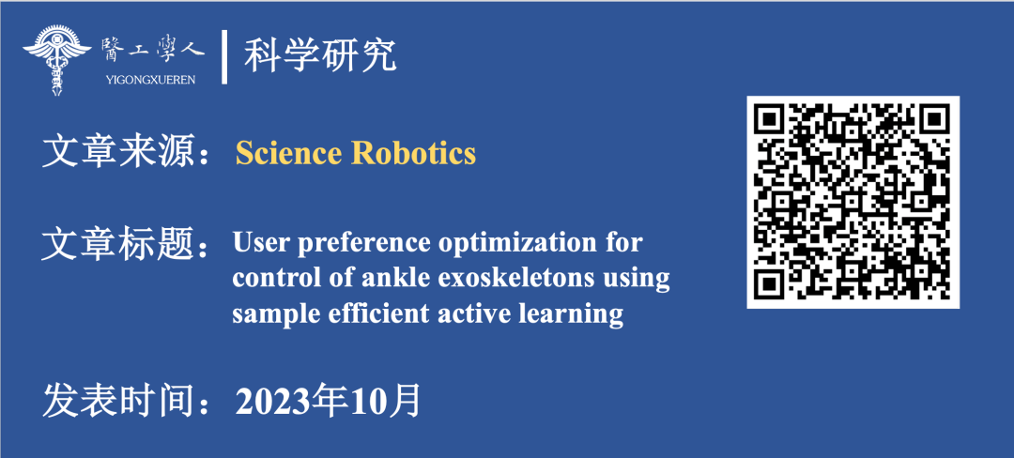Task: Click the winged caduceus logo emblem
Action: click(x=57, y=59)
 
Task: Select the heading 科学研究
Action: click(x=320, y=56)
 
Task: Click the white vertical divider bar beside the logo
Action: click(x=224, y=57)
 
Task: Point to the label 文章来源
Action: click(x=119, y=152)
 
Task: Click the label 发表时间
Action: click(x=119, y=401)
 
